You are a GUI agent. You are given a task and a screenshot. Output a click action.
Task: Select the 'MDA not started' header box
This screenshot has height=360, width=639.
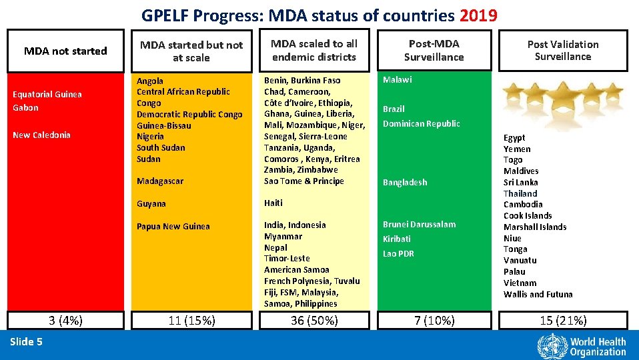[x=65, y=51]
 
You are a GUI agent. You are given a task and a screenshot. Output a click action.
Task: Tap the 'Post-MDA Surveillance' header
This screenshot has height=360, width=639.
[x=434, y=50]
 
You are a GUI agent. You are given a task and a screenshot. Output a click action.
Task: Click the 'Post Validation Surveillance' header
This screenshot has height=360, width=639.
[x=563, y=50]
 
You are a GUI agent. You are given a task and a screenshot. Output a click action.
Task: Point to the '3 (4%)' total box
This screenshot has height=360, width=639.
[x=65, y=321]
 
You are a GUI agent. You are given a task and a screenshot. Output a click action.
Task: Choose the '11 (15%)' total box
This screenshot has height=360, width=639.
[x=191, y=321]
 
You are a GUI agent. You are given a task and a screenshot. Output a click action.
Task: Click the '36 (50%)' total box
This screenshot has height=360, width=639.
[x=314, y=321]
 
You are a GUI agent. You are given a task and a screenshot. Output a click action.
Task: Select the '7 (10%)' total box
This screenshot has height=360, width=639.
[x=434, y=321]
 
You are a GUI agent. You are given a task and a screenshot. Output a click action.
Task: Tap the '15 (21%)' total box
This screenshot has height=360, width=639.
[x=563, y=321]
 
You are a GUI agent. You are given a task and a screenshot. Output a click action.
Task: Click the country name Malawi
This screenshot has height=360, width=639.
[x=397, y=79]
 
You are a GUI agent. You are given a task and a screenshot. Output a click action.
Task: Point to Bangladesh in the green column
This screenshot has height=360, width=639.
[x=405, y=182]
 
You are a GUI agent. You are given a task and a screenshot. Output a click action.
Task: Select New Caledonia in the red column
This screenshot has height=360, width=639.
[x=41, y=135]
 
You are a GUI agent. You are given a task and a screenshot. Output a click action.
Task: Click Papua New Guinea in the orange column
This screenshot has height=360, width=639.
[x=173, y=226]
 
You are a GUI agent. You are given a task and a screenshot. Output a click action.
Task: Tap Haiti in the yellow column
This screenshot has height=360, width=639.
[x=273, y=203]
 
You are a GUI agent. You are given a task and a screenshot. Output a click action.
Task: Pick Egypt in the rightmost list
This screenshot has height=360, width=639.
[x=514, y=137]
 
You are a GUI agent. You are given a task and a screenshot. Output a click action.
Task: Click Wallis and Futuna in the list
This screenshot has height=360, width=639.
[x=538, y=294]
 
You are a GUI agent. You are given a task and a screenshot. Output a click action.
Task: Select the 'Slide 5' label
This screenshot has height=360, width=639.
[x=27, y=342]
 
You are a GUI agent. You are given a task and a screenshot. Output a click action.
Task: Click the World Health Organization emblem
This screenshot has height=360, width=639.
[x=550, y=346]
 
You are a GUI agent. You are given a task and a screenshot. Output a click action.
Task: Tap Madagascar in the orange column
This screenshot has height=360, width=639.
[x=160, y=181]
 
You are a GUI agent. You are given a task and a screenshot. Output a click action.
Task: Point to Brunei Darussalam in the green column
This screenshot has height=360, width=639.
[x=419, y=224]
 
